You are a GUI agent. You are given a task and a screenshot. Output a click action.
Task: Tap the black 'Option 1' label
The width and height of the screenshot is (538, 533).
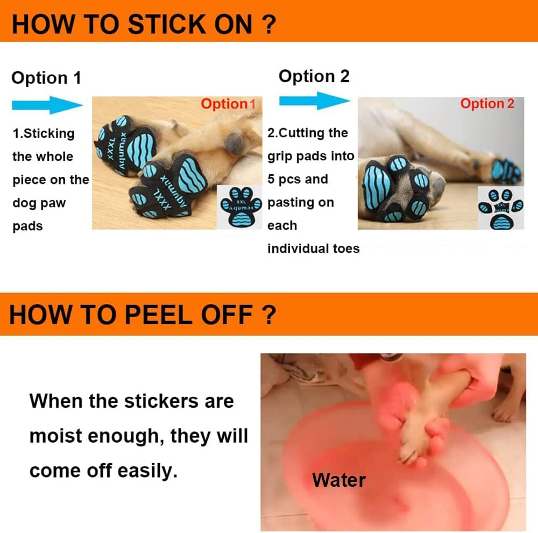pos(46,78)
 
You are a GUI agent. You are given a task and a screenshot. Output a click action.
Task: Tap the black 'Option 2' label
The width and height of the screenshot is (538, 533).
pos(314,76)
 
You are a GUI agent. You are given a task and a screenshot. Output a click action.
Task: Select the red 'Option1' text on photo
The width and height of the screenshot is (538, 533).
pos(228,104)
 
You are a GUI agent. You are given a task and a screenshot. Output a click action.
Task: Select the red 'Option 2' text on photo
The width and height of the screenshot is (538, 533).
pos(487,104)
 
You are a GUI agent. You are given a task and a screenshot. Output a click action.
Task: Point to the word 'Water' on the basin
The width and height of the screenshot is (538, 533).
pos(339,480)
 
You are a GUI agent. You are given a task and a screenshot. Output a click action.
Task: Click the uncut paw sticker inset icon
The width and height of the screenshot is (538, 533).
pos(240,207)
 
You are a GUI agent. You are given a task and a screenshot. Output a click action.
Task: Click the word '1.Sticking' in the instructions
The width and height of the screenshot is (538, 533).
pos(44,133)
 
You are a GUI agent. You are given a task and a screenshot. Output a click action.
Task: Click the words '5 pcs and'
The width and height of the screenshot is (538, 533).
pos(298,179)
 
